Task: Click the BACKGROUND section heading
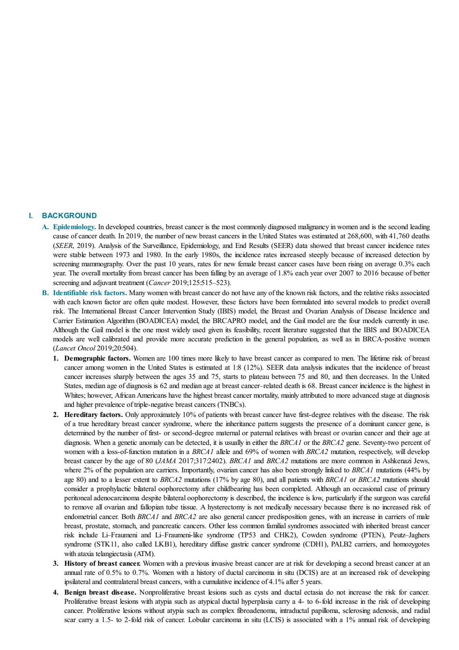tap(69, 216)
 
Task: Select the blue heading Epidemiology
tap(74, 227)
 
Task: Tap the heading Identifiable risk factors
tap(90, 293)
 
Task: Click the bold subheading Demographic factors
tap(98, 358)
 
